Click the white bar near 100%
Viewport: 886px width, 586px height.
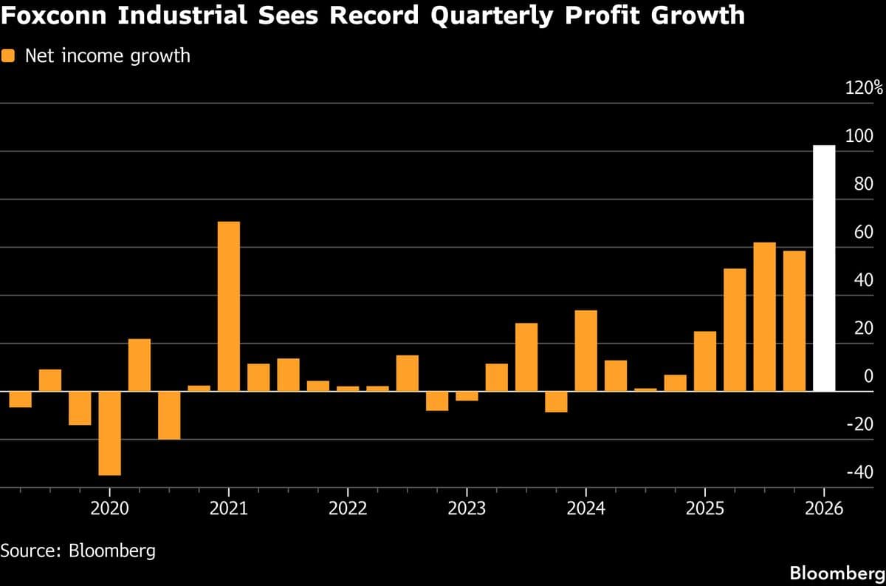tap(824, 268)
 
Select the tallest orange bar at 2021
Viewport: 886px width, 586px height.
tap(228, 306)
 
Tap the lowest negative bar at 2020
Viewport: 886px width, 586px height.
tap(109, 433)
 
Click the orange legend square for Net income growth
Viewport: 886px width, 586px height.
tap(9, 56)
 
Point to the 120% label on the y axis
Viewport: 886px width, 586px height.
tap(864, 89)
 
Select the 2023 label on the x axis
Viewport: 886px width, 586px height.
tap(466, 509)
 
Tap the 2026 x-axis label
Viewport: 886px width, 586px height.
tap(823, 509)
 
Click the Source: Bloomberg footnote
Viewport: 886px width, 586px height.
tap(78, 551)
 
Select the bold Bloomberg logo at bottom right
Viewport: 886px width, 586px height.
tap(837, 573)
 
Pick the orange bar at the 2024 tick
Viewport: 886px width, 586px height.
tap(585, 350)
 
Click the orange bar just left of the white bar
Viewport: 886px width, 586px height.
tap(794, 321)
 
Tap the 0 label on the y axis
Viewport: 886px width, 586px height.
tap(868, 377)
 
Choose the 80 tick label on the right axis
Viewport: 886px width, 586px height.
tap(864, 185)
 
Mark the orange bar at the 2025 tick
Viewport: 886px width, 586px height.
tap(704, 361)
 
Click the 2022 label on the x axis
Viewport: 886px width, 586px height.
tap(347, 509)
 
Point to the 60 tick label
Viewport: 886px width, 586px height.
tap(864, 233)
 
